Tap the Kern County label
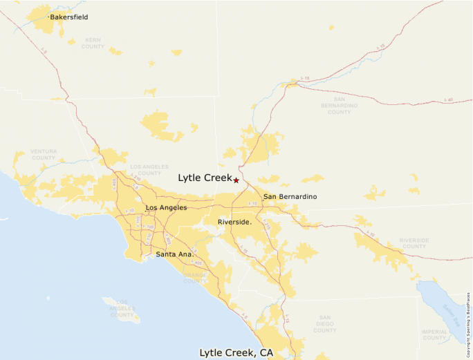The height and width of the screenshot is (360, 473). pos(93,44)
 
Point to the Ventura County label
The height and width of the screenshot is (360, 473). pos(44,154)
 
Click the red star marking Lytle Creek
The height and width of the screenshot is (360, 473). pos(236,180)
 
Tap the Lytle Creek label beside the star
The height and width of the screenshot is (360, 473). pos(205,178)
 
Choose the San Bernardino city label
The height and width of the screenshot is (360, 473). pos(290,197)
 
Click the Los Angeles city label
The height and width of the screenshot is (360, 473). pos(166,207)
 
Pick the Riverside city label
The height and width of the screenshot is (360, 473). pos(234,222)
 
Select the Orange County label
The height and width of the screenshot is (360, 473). pos(195,278)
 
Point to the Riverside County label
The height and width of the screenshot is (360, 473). pos(414,243)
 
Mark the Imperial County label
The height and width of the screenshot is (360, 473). pos(434,334)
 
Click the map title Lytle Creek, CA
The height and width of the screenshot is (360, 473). pos(236,352)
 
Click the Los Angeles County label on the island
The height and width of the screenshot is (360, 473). pos(122,308)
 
